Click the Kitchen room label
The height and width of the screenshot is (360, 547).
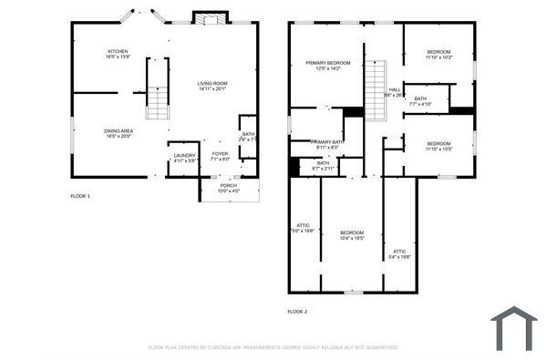click(x=119, y=54)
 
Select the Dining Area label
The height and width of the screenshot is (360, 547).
click(x=119, y=133)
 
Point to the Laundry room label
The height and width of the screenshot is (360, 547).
click(x=184, y=158)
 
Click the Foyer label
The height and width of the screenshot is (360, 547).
click(x=221, y=157)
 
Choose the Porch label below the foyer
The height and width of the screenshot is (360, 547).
click(x=229, y=188)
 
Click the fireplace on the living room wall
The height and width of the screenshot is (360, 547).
click(x=208, y=17)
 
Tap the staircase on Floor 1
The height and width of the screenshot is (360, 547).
click(x=158, y=88)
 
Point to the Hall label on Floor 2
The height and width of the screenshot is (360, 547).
click(x=394, y=91)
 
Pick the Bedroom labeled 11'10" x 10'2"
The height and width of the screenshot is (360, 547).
click(x=439, y=55)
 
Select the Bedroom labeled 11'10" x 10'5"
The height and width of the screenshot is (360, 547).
click(x=439, y=146)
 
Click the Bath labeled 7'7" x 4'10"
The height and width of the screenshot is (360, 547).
click(x=419, y=101)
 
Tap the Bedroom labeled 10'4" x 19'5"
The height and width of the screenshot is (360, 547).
click(x=352, y=235)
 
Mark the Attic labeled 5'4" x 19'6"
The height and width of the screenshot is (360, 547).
click(x=399, y=253)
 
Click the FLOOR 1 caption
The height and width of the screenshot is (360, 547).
click(x=80, y=196)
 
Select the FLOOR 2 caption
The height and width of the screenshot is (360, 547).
click(x=297, y=312)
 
